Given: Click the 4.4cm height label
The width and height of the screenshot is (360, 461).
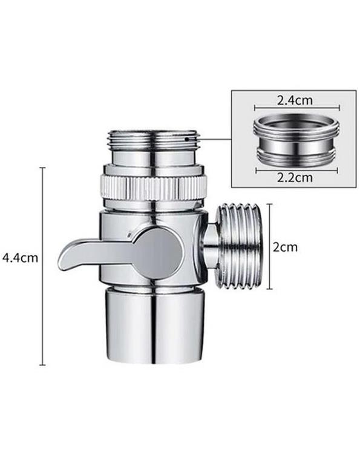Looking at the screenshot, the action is (x=20, y=258).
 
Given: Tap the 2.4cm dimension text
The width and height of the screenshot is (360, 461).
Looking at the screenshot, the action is (x=295, y=100).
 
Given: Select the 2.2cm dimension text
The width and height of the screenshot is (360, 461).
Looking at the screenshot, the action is (x=295, y=178).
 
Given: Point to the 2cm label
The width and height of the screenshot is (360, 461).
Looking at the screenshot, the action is (x=285, y=247).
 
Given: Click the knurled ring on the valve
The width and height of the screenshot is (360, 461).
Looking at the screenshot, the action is (x=154, y=188).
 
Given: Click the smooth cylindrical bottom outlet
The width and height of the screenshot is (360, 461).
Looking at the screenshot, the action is (x=154, y=325).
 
